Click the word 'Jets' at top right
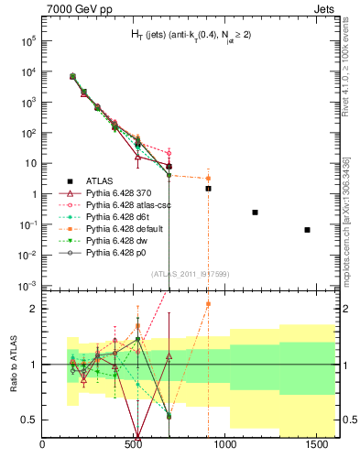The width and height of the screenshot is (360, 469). pyautogui.click(x=320, y=9)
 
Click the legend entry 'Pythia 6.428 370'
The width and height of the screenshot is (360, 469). pyautogui.click(x=120, y=193)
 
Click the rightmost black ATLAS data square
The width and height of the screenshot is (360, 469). pyautogui.click(x=308, y=230)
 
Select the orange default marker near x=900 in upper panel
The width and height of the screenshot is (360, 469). pyautogui.click(x=208, y=179)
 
